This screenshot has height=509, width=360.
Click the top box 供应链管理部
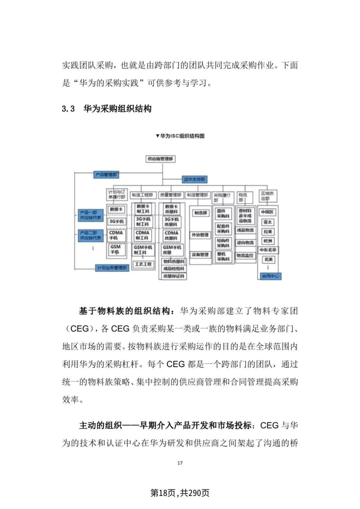[x=161, y=159]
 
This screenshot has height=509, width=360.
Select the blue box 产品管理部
[x=106, y=175]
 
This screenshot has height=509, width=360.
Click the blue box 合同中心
[x=270, y=276]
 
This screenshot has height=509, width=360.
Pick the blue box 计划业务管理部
[x=112, y=268]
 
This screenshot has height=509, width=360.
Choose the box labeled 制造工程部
[x=142, y=195]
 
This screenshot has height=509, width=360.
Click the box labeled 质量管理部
[x=171, y=195]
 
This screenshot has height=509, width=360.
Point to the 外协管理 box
[x=200, y=235]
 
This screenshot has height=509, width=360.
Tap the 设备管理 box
[x=200, y=255]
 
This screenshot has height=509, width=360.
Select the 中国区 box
[x=267, y=212]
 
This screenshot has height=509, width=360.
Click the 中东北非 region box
[x=268, y=250]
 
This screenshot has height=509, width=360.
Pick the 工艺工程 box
[x=143, y=264]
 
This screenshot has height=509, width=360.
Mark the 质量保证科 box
[x=174, y=276]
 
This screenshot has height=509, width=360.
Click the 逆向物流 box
[x=245, y=243]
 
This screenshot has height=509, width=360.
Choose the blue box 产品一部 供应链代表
[x=90, y=215]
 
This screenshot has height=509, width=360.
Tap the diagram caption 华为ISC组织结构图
[x=180, y=136]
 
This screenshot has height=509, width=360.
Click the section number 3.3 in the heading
[x=68, y=109]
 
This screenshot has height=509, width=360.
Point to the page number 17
[x=180, y=463]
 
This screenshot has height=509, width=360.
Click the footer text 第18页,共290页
[x=180, y=493]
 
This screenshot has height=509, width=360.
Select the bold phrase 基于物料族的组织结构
[x=124, y=311]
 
